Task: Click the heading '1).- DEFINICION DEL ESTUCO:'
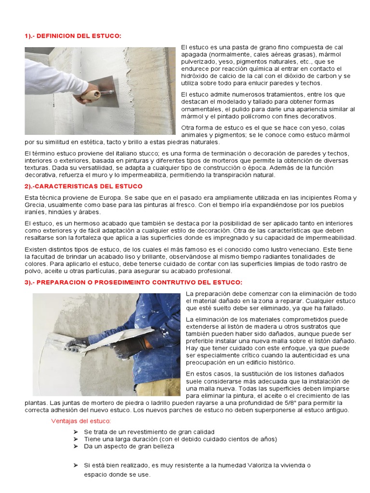pos(73,36)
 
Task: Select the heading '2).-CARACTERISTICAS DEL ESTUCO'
pos(83,186)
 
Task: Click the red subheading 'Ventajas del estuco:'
pos(81,421)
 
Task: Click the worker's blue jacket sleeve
pos(159,332)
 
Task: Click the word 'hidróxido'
pos(195,76)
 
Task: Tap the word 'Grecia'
pos(34,205)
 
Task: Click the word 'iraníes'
pos(36,212)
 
